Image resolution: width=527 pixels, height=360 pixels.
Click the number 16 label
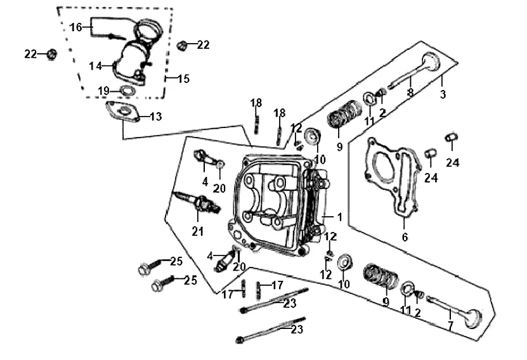75,27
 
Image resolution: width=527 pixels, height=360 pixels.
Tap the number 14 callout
96,66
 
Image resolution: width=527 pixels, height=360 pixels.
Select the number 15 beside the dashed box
183,79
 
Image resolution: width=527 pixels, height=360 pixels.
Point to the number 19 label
104,91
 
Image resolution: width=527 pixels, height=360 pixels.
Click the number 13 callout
155,117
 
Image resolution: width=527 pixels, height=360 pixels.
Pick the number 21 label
198,231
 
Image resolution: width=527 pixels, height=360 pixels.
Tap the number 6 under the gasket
405,237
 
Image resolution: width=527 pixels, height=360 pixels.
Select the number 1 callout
339,217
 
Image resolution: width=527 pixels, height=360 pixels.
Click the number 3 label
443,94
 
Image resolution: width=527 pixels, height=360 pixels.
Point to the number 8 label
410,93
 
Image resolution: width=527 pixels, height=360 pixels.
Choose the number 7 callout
450,325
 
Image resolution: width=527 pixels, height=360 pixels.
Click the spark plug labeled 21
197,203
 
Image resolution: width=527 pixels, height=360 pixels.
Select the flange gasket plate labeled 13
122,111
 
